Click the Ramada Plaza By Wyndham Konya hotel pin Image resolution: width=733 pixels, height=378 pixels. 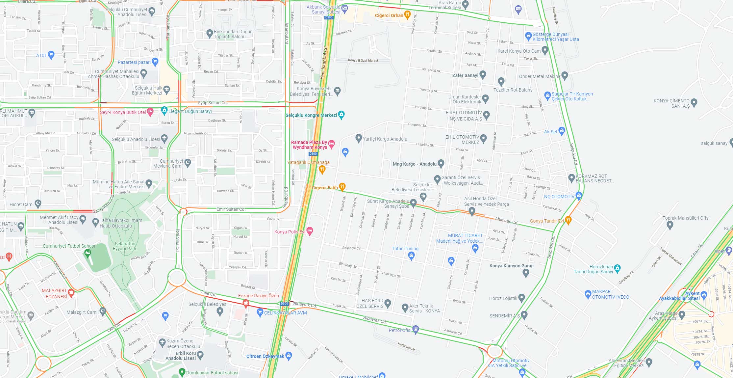pos(332,143)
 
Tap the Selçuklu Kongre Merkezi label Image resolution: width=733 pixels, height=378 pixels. pos(311,115)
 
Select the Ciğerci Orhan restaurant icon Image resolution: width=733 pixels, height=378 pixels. pos(407,14)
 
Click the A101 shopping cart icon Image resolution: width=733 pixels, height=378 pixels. pos(51,54)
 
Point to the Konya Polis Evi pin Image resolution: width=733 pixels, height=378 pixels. pos(310,230)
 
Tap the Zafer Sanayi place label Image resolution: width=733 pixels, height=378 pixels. pos(465,75)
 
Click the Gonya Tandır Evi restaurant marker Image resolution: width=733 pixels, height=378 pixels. pos(568,220)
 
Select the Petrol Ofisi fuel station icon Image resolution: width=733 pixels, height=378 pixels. pos(416,328)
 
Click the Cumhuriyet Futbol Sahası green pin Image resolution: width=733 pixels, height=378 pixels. pos(88,253)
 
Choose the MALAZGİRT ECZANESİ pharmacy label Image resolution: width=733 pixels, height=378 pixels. pos(56,293)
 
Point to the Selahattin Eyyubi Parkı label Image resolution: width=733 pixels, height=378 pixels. pos(125,246)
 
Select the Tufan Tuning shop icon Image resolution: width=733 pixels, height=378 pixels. pos(411,256)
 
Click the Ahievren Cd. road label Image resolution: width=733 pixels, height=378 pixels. pos(506,221)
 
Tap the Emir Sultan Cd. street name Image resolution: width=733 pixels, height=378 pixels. pos(231,209)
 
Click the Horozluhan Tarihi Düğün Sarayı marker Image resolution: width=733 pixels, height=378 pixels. pos(618,268)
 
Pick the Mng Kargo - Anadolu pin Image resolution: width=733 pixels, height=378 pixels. pos(441,163)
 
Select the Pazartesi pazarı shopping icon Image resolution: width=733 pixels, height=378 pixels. pos(155,61)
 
